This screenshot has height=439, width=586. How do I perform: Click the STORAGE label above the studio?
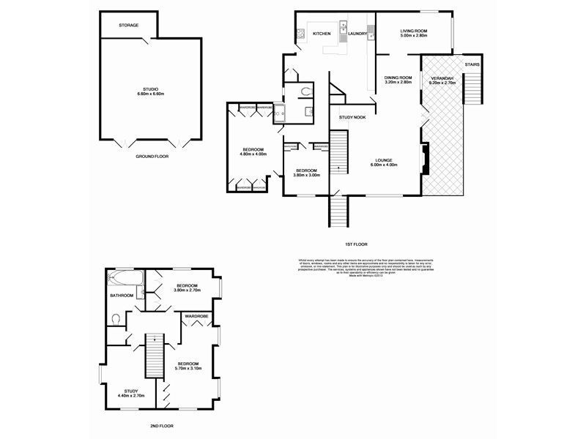[129, 26]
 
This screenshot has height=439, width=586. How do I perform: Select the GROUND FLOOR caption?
[152, 157]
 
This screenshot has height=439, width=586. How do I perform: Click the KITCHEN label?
[322, 34]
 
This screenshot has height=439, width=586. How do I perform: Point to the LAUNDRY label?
[357, 34]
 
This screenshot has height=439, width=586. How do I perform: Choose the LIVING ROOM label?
[414, 30]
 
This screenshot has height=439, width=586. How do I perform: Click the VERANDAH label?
[442, 78]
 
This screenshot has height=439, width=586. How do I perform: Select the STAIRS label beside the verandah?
[474, 64]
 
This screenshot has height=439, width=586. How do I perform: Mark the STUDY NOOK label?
[352, 117]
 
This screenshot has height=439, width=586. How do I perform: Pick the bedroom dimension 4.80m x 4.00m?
[253, 154]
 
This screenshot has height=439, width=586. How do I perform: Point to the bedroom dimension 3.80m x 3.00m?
[308, 175]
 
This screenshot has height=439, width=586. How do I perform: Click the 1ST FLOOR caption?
[356, 244]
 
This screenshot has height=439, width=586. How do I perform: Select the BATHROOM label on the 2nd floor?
[122, 296]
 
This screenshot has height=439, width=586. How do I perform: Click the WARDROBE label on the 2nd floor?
[196, 316]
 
